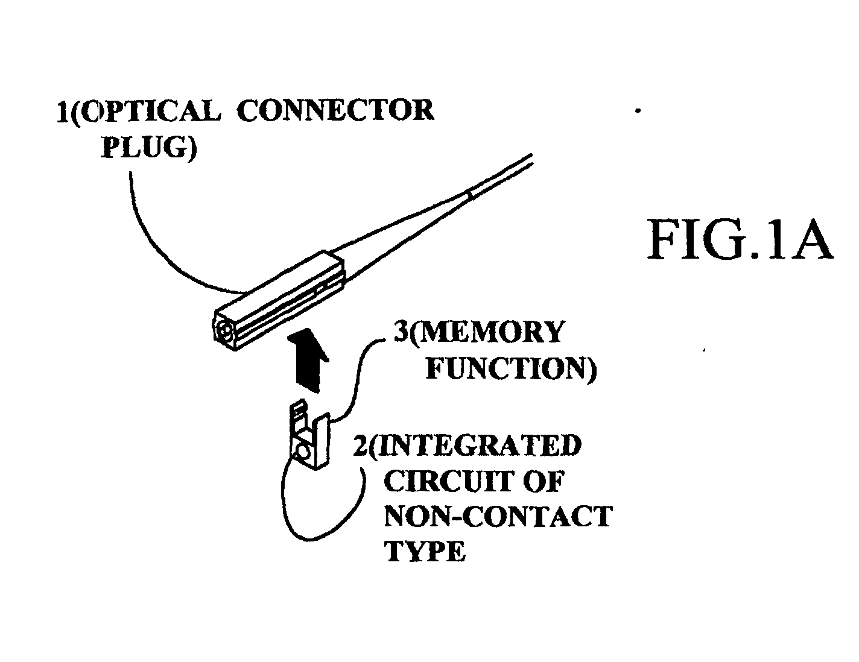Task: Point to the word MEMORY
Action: tap(485, 333)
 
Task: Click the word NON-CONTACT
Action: tap(498, 517)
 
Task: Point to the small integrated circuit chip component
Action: tap(308, 439)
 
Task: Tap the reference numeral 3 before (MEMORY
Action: tap(400, 333)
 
